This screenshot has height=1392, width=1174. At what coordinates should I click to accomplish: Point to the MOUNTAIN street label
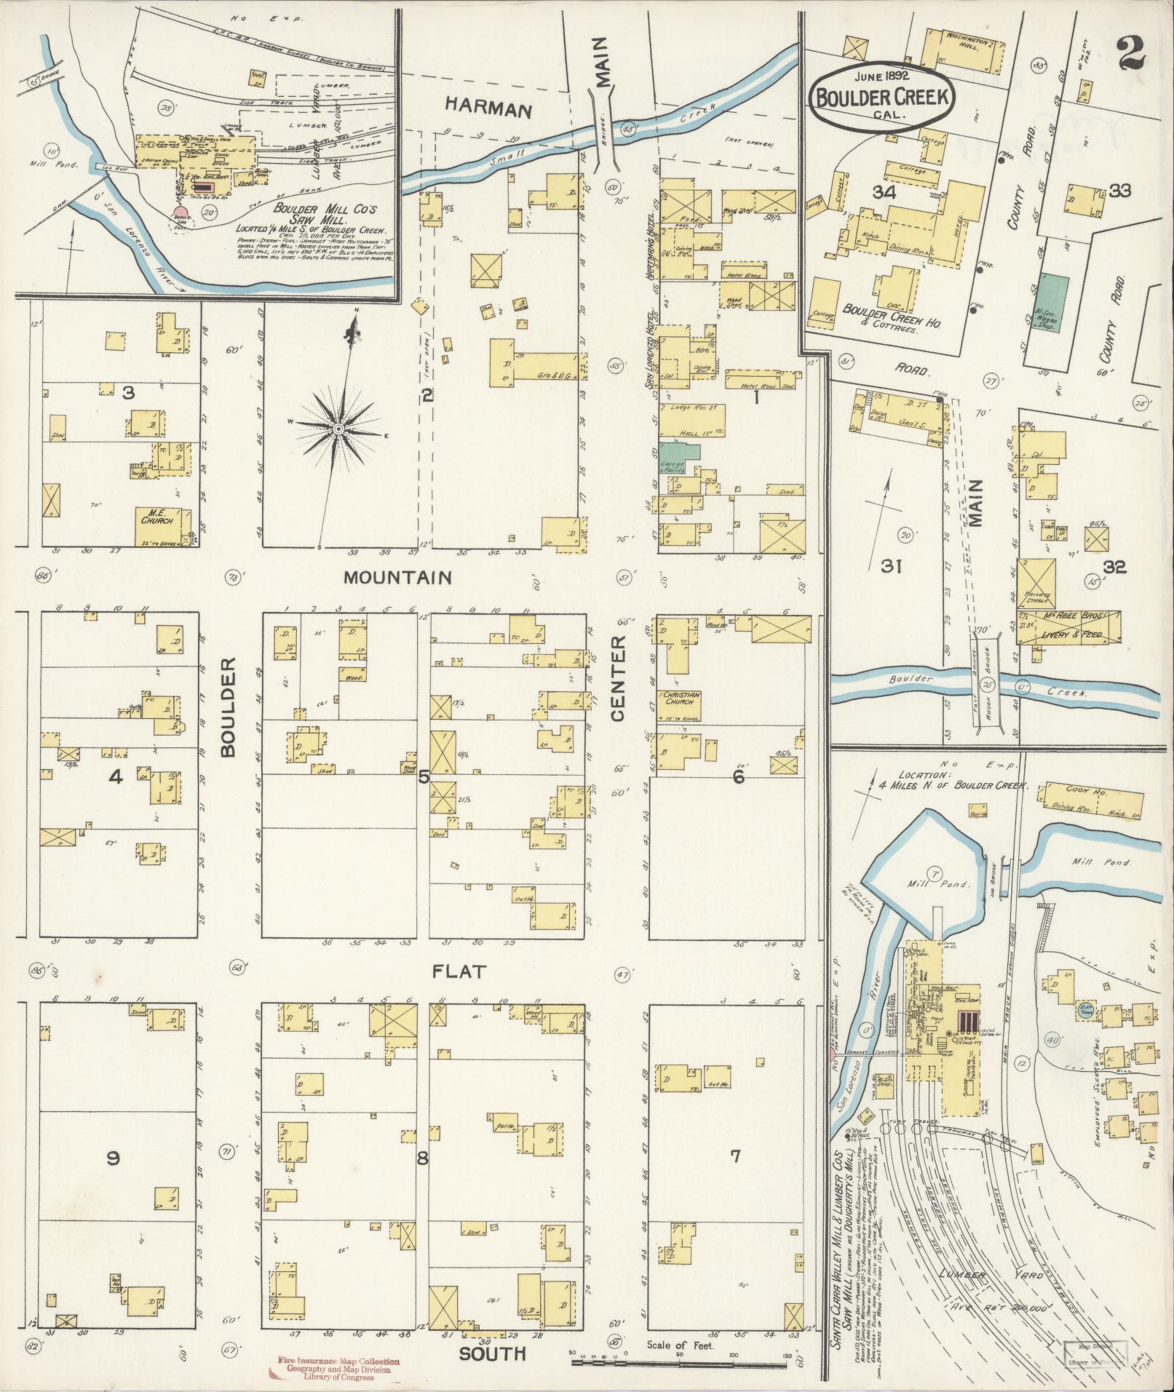[x=397, y=578]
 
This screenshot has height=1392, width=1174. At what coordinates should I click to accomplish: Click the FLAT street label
[x=459, y=971]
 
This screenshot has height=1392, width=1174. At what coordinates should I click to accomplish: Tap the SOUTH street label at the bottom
[x=492, y=1353]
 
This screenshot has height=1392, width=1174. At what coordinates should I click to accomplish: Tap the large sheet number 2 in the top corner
[x=1130, y=52]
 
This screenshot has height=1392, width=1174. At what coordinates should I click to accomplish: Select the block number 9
[x=113, y=1157]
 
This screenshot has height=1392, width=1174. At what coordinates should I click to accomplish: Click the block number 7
[x=735, y=1156]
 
